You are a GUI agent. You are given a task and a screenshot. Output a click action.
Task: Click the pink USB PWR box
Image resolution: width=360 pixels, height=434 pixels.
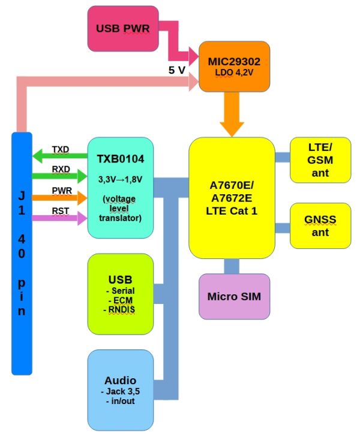click(123, 28)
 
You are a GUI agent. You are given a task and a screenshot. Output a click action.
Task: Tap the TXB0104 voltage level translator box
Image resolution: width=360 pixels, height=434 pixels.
click(120, 187)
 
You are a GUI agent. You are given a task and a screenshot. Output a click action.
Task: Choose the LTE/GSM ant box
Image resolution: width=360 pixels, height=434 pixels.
click(320, 159)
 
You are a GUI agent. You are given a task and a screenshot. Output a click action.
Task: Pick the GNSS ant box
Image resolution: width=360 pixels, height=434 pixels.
click(320, 225)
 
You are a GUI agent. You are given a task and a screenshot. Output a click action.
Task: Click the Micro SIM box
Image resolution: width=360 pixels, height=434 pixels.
click(234, 296)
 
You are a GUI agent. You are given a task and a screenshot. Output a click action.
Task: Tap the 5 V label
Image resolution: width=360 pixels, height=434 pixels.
click(176, 70)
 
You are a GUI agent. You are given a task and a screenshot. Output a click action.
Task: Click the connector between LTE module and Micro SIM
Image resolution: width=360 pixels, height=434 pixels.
click(232, 266)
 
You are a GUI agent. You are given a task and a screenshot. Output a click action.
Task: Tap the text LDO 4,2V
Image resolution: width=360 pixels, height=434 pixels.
click(231, 73)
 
